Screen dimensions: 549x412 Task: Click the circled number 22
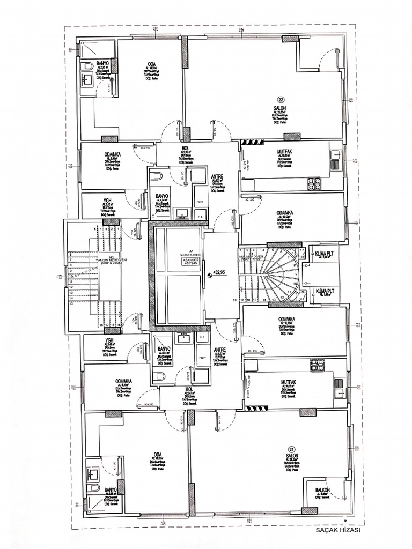tap(281, 99)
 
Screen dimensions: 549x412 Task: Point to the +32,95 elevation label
tap(219, 273)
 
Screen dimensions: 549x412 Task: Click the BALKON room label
tap(322, 490)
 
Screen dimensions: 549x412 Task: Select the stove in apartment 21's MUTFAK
tap(318, 365)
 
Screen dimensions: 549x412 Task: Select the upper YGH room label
tap(107, 201)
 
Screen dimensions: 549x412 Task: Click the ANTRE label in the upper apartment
tap(217, 176)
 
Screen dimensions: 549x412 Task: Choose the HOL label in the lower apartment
tap(188, 390)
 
